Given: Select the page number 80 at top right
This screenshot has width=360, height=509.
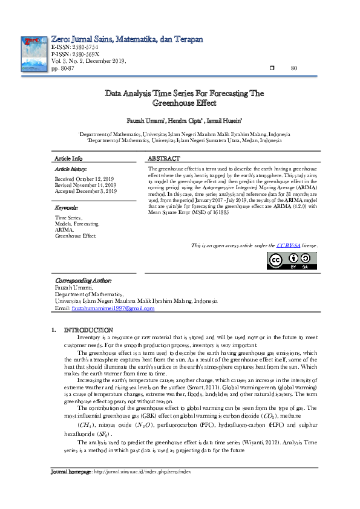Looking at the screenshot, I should tap(295, 68).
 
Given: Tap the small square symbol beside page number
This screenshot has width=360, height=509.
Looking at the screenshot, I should tap(272, 68).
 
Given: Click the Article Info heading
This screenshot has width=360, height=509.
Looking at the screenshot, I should tap(68, 158).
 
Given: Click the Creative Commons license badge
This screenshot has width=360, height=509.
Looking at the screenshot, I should tap(292, 260).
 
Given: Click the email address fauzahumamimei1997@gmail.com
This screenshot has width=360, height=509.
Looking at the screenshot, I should tap(113, 308).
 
